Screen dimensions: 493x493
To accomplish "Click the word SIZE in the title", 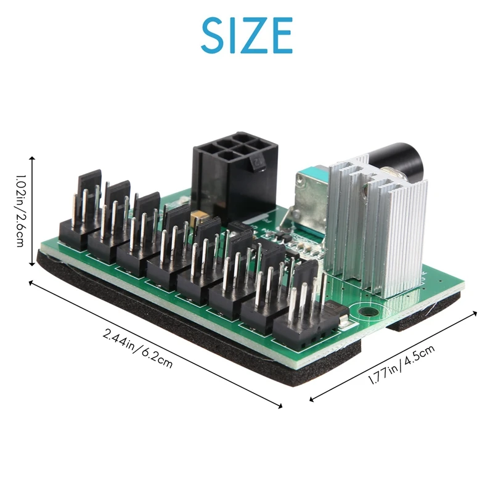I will point(246,35).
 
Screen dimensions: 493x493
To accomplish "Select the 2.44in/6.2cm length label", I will point(138,348).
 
